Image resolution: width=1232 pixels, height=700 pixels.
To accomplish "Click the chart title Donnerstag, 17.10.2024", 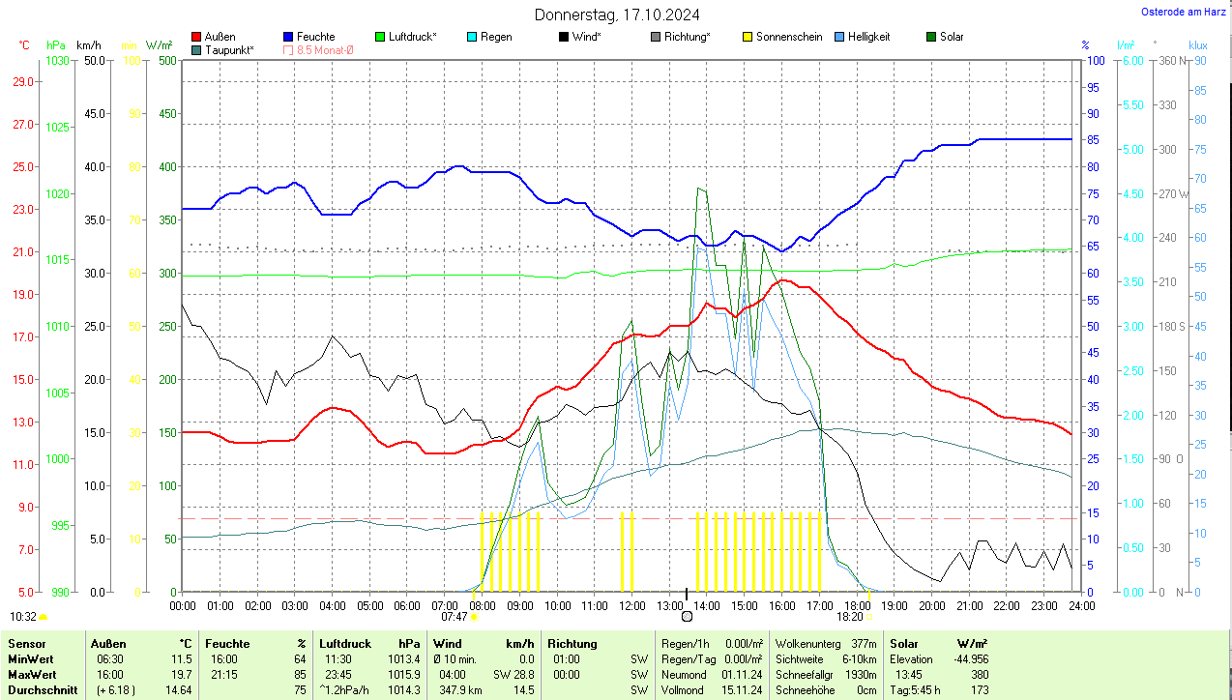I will (x=617, y=15).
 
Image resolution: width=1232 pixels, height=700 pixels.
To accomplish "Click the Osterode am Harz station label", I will (x=1183, y=13).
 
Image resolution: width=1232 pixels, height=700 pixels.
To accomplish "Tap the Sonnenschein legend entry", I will (x=782, y=37).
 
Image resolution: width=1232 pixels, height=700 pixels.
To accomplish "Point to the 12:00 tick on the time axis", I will (x=632, y=606).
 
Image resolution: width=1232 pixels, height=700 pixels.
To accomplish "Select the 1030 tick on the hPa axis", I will (x=57, y=61).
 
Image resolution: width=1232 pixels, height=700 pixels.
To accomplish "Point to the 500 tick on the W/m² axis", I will (x=166, y=61).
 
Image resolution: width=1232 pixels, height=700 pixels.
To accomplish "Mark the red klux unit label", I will (x=1198, y=45).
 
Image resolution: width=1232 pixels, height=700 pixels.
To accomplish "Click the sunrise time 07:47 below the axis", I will (x=455, y=616).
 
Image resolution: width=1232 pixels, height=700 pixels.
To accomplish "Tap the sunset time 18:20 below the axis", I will (x=850, y=616).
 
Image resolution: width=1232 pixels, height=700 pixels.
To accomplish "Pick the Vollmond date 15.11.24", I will (x=742, y=690).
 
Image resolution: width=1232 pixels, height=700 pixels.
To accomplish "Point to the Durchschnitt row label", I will (x=37, y=690).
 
